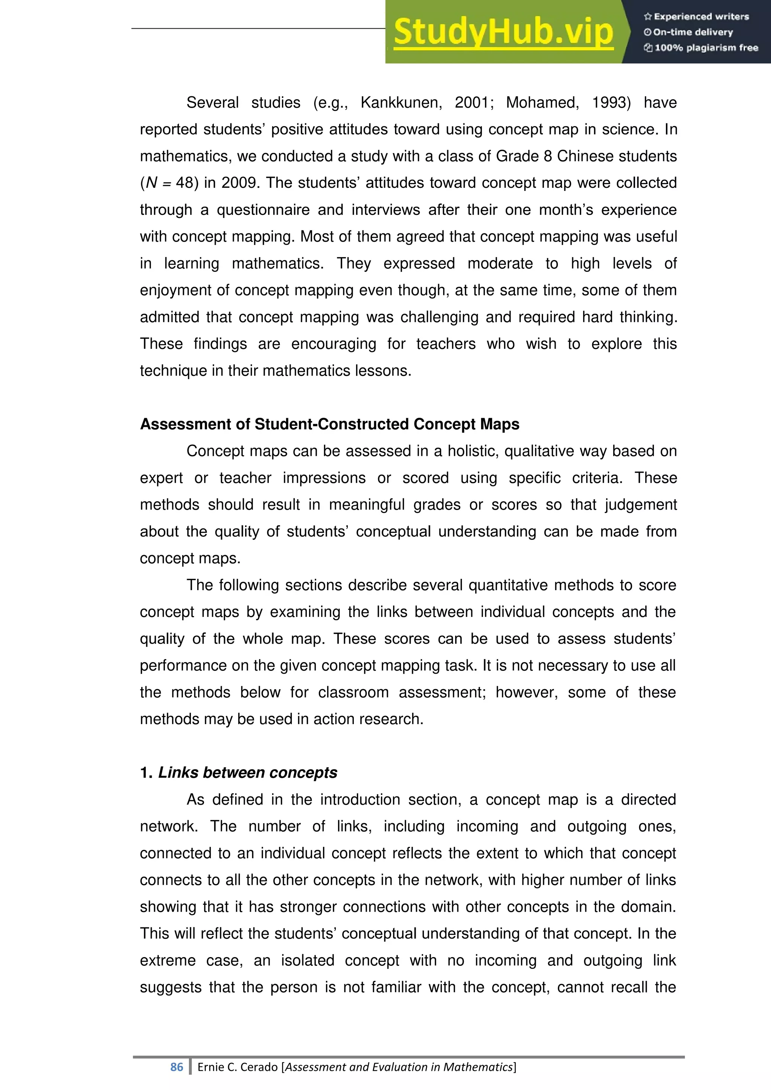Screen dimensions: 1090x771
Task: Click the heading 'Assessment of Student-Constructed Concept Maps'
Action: pos(329,424)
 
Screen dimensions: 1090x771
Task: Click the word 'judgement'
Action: pos(640,505)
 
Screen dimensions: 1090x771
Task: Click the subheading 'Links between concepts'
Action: pos(247,773)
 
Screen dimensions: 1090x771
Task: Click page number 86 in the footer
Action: pos(177,1067)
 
